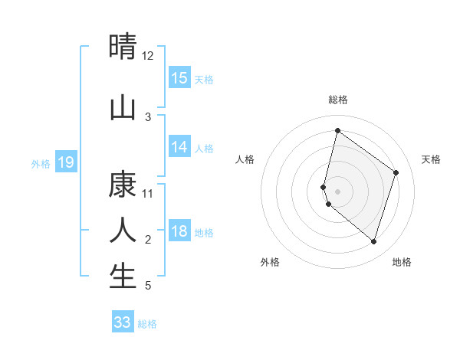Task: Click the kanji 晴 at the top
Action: click(123, 47)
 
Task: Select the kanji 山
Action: click(123, 108)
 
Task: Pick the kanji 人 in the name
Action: click(123, 230)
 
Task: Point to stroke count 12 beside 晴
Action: click(148, 56)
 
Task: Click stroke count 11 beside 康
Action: click(148, 194)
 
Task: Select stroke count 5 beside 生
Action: click(148, 286)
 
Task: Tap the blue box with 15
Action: click(179, 78)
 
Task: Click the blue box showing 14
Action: click(179, 147)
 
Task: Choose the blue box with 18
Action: click(179, 231)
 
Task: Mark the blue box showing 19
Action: click(66, 162)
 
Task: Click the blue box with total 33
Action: click(123, 322)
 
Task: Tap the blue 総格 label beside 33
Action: click(147, 324)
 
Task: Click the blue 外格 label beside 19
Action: click(40, 163)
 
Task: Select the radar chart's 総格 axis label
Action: click(337, 100)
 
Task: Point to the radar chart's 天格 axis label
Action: click(431, 159)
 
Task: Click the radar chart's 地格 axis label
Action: click(402, 262)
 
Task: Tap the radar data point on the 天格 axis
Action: click(396, 172)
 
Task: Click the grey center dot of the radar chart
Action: click(337, 191)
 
